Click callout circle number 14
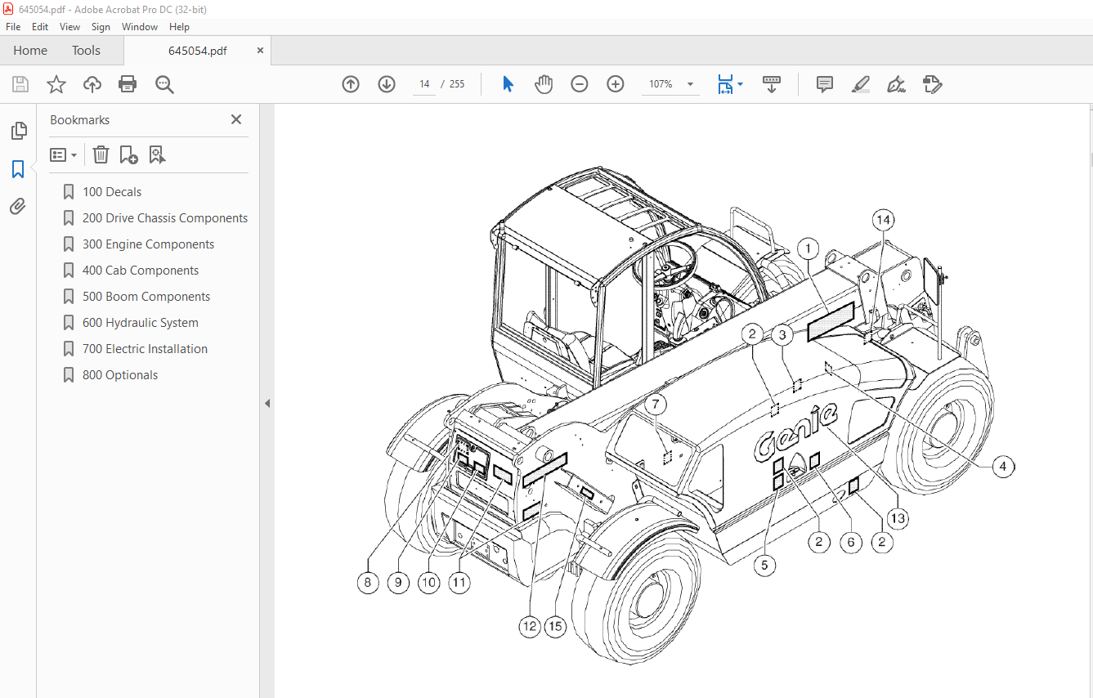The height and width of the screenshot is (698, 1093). [883, 220]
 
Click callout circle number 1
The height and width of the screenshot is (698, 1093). [808, 248]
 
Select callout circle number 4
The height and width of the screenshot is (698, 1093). [1003, 467]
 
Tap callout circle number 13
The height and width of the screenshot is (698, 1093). [898, 518]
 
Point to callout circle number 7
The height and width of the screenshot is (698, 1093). [656, 405]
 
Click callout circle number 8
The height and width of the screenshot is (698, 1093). [368, 583]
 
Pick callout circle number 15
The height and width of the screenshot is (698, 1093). [556, 627]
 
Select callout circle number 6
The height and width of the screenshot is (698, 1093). [850, 542]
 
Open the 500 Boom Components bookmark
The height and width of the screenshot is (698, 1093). [146, 297]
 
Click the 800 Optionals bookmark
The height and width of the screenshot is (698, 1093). [120, 375]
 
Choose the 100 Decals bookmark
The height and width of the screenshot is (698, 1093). [112, 192]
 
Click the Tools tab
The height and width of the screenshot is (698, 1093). [86, 51]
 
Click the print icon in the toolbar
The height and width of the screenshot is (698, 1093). [128, 84]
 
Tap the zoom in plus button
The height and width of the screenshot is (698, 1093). [616, 84]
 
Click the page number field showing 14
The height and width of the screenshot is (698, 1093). [424, 84]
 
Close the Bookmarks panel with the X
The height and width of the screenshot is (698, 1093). [236, 119]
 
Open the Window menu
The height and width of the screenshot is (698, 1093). [140, 27]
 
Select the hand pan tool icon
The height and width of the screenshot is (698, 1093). [544, 84]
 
